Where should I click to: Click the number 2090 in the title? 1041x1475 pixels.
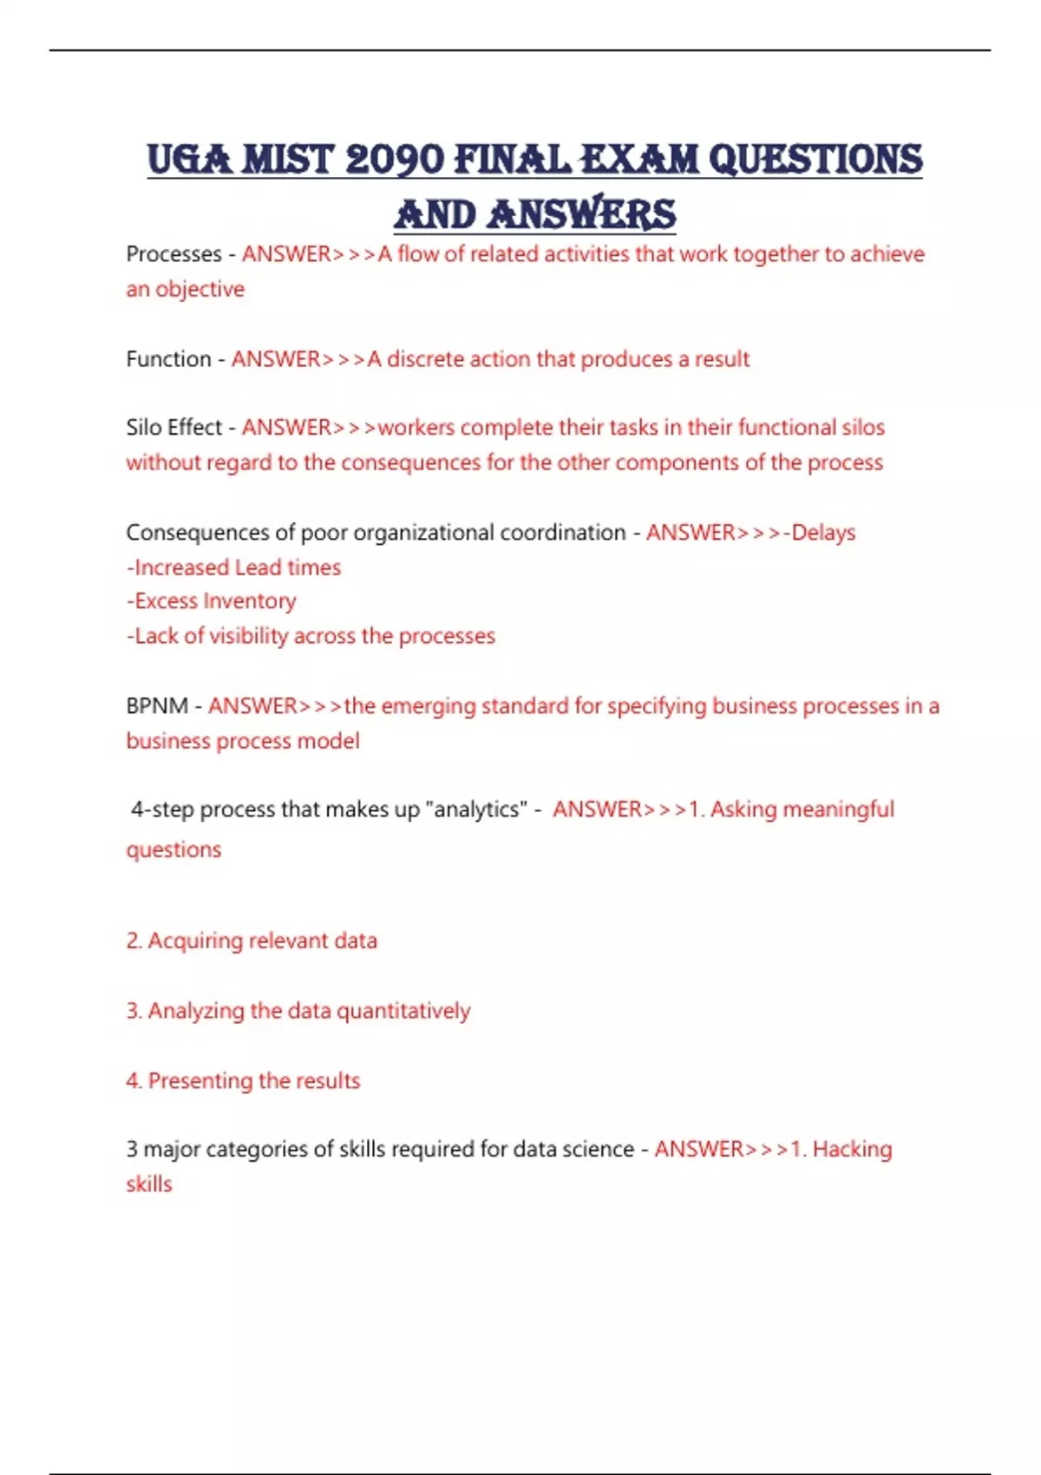click(x=395, y=160)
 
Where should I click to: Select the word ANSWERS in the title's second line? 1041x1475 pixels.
click(x=581, y=215)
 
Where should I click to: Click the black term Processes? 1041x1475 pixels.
click(x=173, y=254)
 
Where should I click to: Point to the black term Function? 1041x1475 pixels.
click(x=168, y=359)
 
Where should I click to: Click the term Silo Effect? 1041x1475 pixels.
click(x=173, y=428)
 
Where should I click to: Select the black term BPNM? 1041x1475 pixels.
click(x=157, y=706)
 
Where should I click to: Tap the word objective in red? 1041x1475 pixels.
click(x=200, y=290)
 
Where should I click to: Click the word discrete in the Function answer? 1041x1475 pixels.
click(x=425, y=359)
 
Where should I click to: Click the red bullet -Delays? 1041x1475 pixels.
click(x=820, y=533)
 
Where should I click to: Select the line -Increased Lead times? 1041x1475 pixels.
click(x=233, y=567)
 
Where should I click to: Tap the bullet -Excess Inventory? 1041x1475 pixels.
click(x=211, y=601)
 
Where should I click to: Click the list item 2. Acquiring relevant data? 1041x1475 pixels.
click(x=252, y=941)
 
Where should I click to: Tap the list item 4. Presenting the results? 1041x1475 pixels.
click(x=243, y=1081)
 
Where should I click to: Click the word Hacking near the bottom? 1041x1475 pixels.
click(x=852, y=1150)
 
